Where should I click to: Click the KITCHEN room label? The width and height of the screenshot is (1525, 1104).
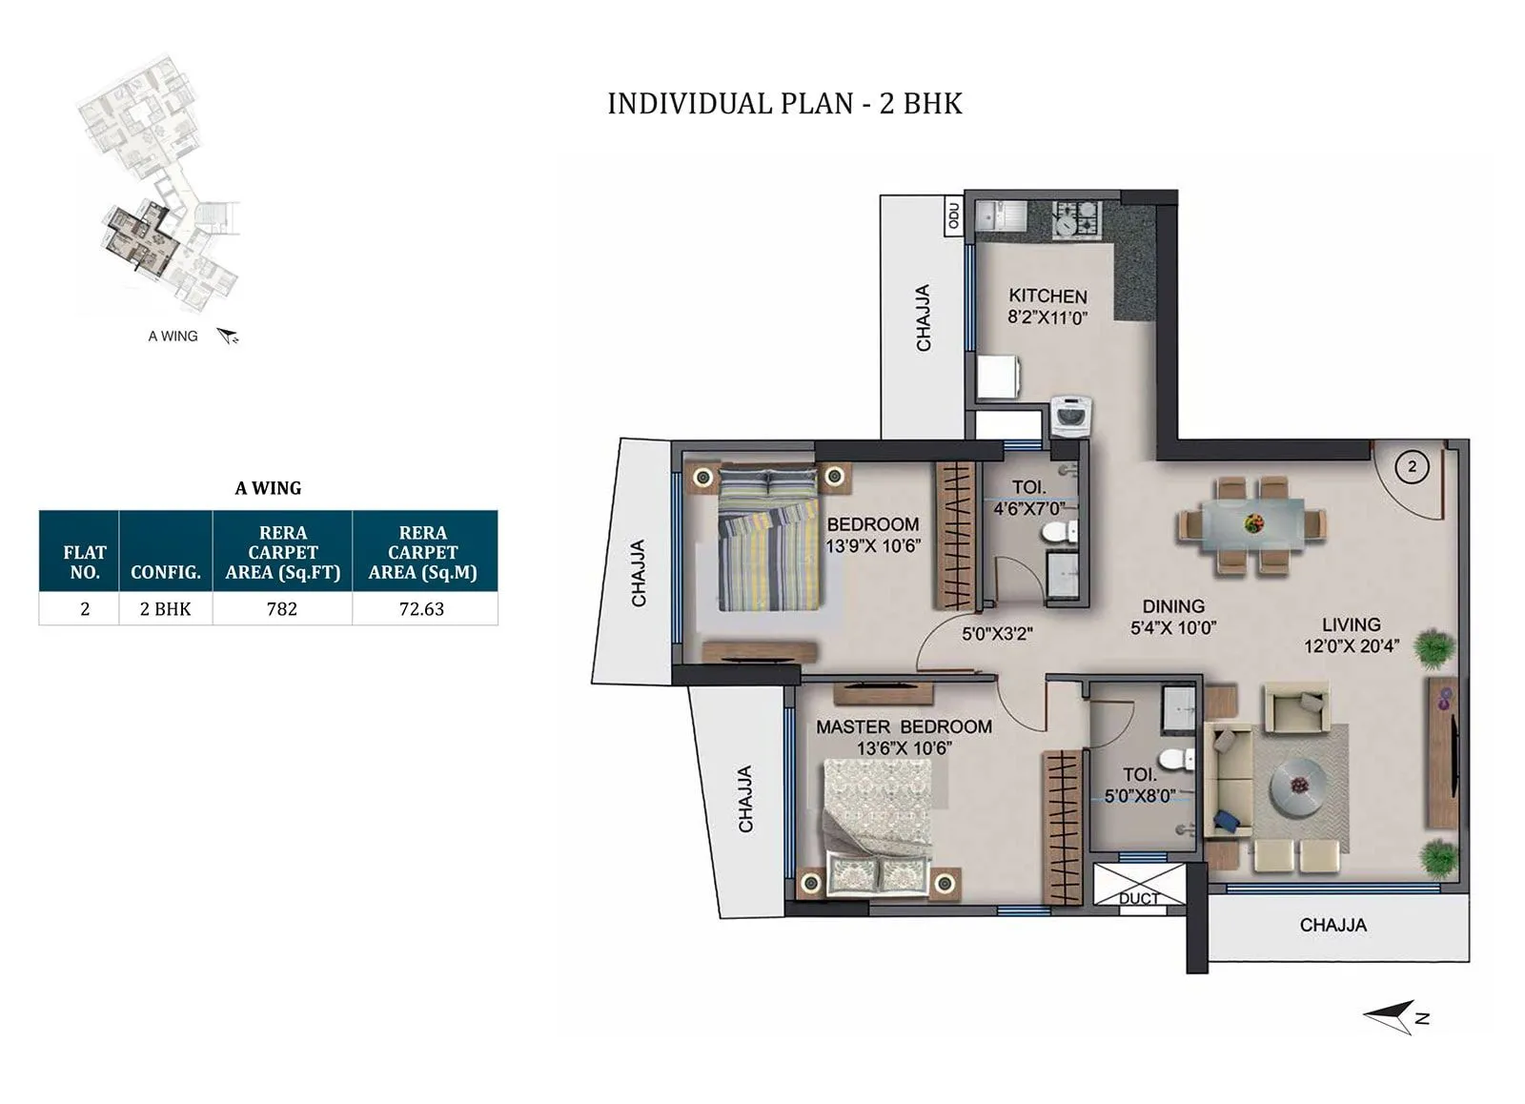[x=1047, y=296]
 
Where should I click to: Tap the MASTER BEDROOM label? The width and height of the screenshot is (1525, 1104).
[x=904, y=726]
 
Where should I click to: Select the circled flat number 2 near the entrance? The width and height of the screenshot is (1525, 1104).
[x=1412, y=467]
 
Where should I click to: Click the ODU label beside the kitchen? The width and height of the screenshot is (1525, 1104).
[x=954, y=216]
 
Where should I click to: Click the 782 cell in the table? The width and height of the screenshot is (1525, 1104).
[x=282, y=609]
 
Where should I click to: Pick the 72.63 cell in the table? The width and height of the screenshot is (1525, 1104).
[x=422, y=609]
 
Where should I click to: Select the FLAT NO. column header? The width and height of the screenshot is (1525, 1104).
[x=84, y=562]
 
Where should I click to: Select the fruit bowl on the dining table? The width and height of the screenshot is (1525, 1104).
[x=1251, y=523]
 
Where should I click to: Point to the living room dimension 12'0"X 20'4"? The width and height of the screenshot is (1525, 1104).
[x=1351, y=646]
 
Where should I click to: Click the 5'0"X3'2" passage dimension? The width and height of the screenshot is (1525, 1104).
[x=997, y=633]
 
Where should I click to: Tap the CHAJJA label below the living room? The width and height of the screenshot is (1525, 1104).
[x=1332, y=925]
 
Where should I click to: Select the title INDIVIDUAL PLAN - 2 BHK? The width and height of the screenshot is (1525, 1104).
[x=784, y=103]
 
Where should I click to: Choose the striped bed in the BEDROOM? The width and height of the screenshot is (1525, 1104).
[x=768, y=540]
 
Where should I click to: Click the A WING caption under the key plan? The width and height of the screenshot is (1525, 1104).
[x=173, y=337]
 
